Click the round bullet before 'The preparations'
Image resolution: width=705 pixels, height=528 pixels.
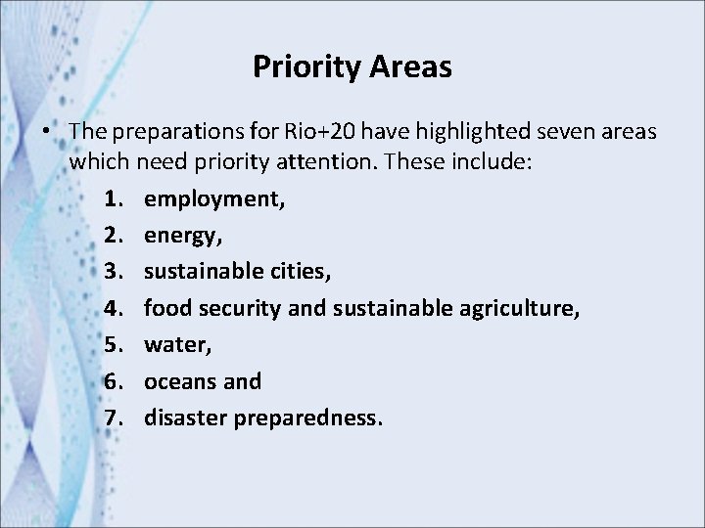coord(46,131)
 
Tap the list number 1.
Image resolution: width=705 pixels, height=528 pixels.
coord(114,198)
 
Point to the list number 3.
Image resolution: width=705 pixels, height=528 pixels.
coord(114,271)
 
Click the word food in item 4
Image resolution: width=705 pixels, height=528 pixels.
coord(167,308)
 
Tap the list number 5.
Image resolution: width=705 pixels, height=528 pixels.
coord(114,344)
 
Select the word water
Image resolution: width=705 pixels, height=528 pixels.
coord(175,345)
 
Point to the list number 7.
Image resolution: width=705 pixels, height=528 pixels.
coord(114,418)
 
